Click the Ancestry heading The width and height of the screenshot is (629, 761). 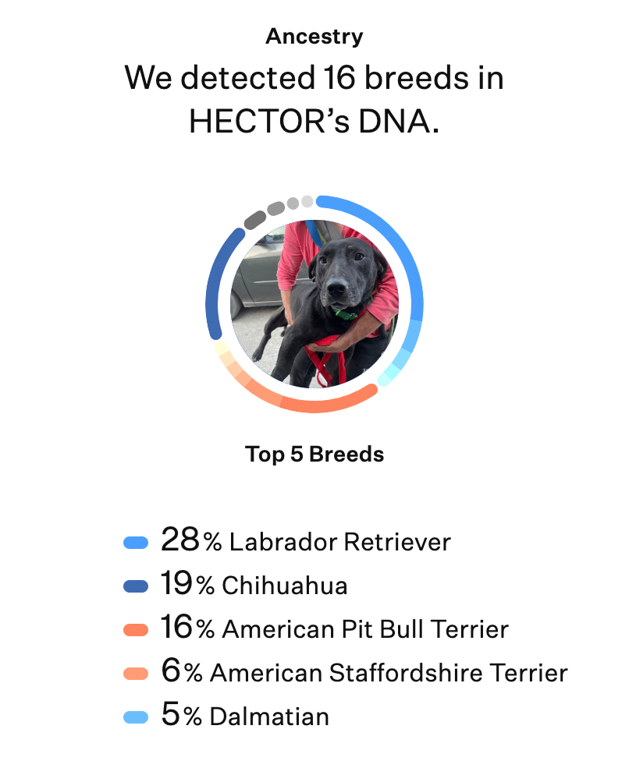point(314,37)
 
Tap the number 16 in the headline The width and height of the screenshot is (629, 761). point(339,78)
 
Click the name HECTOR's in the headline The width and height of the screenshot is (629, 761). point(269,121)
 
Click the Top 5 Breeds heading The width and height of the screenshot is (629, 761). point(314,455)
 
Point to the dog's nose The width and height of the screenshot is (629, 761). point(336,287)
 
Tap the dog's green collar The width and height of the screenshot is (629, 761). point(346,313)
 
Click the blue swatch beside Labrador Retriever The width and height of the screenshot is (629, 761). point(136,542)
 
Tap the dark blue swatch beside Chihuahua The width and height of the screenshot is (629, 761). point(136,586)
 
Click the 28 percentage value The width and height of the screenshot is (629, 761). point(179,540)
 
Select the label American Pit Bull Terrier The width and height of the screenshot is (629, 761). point(365,629)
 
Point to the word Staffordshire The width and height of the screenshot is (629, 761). point(406,673)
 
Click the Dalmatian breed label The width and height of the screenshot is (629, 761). point(269,717)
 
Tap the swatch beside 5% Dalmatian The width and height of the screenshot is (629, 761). point(136,717)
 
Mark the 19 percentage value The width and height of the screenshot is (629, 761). point(176,583)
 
